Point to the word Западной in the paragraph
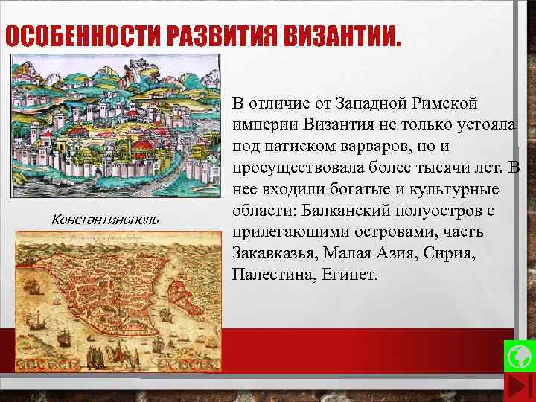pos(367,102)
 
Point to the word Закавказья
pos(274,253)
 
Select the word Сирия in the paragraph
pos(444,253)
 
